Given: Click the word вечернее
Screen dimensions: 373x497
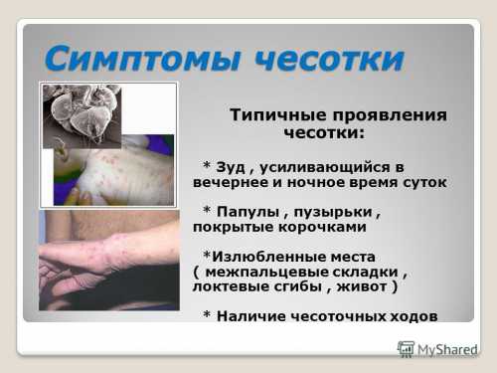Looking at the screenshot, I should click(235, 182).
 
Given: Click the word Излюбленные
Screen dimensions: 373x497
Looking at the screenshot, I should click(275, 256).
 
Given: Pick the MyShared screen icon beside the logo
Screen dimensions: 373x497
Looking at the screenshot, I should click(406, 348).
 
